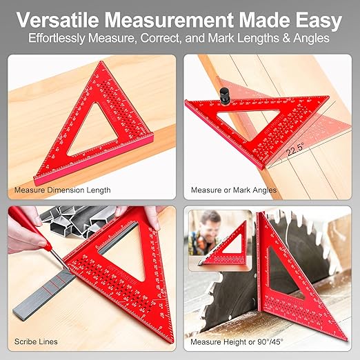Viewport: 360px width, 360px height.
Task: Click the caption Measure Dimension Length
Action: pyautogui.click(x=62, y=190)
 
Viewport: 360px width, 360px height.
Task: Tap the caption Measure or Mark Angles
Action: pyautogui.click(x=233, y=190)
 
